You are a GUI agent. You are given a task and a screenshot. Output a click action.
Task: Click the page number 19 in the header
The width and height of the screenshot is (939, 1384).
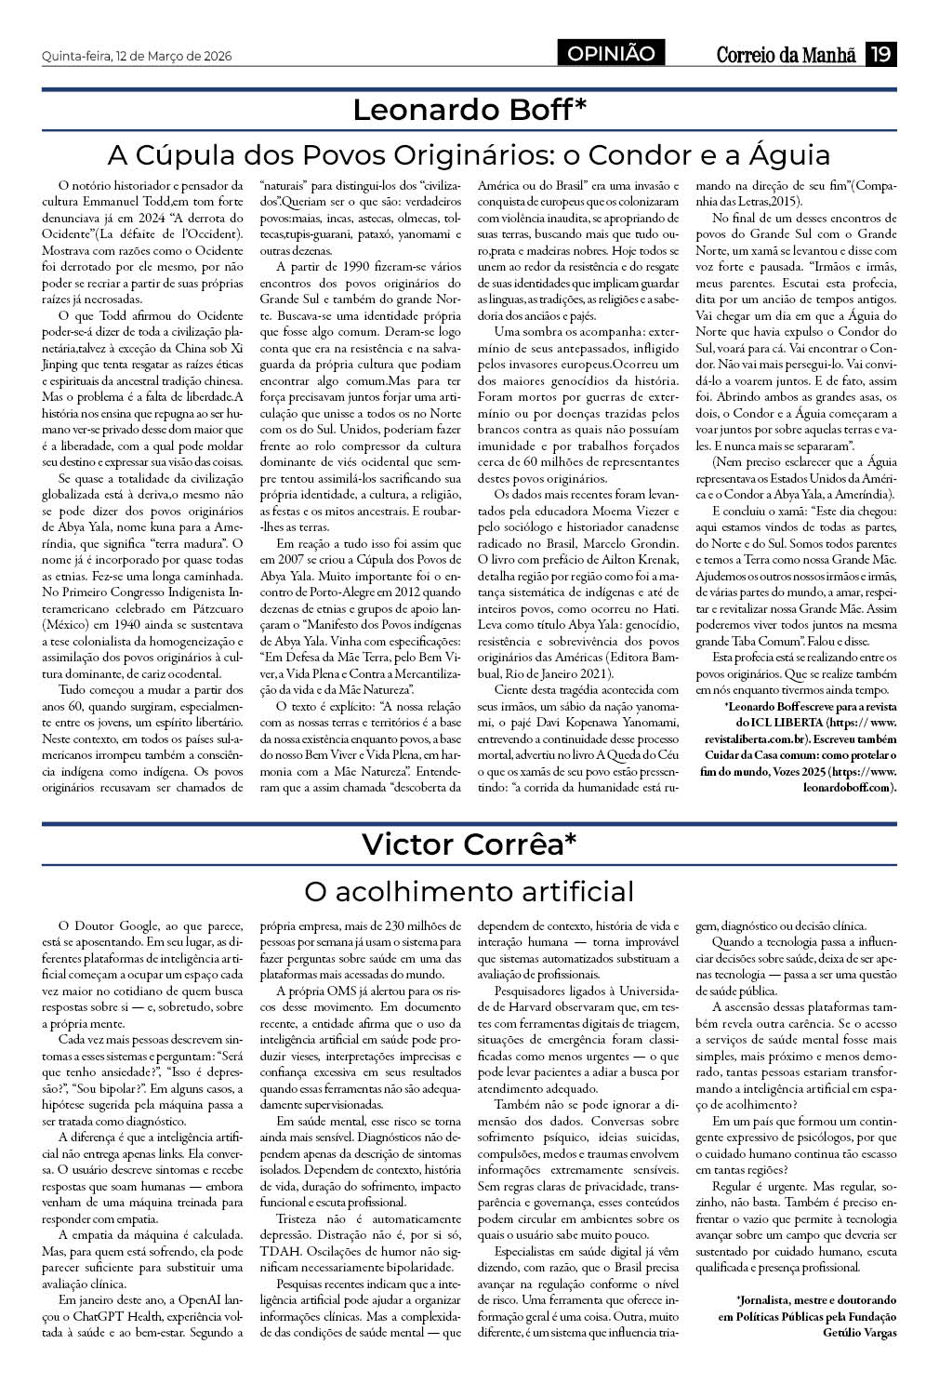coord(879,55)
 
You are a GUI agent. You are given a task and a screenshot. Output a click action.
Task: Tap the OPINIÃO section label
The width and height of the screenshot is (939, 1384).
coord(611,54)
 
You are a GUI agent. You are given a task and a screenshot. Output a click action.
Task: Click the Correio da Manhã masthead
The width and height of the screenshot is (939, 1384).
coord(786,55)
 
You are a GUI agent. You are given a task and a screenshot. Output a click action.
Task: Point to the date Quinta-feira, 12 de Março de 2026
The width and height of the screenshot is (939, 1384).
coord(137,56)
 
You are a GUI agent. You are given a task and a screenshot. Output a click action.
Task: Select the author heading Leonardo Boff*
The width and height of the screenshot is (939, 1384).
coord(469,110)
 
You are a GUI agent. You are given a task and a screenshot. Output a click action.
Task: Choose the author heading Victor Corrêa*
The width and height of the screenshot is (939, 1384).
coord(469,845)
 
